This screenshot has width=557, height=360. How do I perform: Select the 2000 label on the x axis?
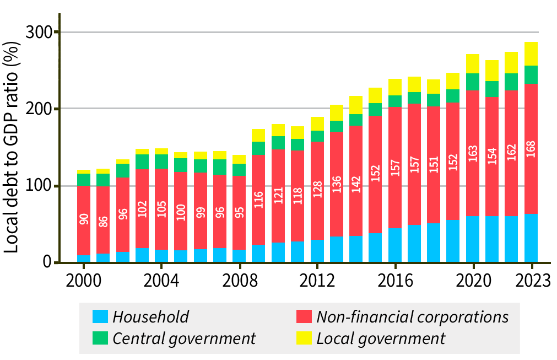(x=84, y=280)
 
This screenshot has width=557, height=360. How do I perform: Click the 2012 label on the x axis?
(x=317, y=280)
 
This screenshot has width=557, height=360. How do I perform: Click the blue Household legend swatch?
(x=100, y=316)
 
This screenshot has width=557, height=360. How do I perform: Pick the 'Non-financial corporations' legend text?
(x=412, y=316)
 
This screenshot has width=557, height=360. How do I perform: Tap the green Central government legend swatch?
(x=100, y=338)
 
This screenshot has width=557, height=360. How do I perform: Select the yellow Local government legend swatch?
(x=304, y=338)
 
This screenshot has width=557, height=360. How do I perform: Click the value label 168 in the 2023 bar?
(x=531, y=149)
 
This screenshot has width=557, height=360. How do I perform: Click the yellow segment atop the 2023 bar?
(x=531, y=53)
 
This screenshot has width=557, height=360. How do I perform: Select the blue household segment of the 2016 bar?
(x=395, y=245)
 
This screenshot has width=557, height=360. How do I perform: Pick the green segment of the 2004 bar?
(x=161, y=161)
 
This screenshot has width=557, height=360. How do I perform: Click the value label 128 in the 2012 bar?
(x=317, y=189)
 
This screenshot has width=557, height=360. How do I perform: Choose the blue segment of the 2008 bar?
(x=239, y=256)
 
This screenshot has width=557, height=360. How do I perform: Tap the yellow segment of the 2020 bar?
(x=473, y=63)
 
